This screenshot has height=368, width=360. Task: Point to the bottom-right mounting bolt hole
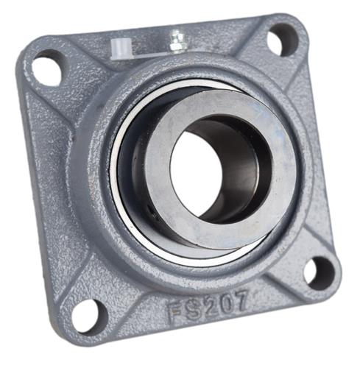(x=319, y=272)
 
